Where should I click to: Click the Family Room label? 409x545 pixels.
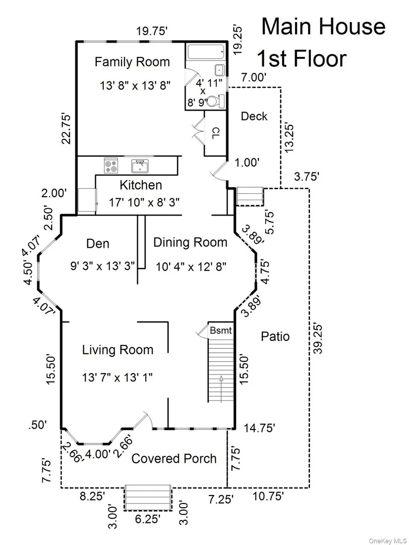[132, 62]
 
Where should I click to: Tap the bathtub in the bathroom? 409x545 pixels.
[206, 52]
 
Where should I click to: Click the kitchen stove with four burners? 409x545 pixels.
[111, 165]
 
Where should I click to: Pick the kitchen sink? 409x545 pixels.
[140, 166]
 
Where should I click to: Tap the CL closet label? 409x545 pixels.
[216, 133]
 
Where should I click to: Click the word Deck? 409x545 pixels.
[254, 116]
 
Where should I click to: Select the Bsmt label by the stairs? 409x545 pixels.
[221, 330]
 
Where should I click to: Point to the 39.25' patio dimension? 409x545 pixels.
[317, 338]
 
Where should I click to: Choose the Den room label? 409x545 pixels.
[98, 244]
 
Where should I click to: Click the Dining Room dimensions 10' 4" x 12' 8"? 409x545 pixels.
[190, 267]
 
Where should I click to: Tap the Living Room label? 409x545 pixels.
[117, 350]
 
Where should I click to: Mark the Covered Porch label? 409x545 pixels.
[174, 458]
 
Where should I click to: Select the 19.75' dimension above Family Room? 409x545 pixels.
[152, 32]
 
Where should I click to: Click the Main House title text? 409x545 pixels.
[323, 27]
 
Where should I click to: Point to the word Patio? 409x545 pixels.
[275, 336]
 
